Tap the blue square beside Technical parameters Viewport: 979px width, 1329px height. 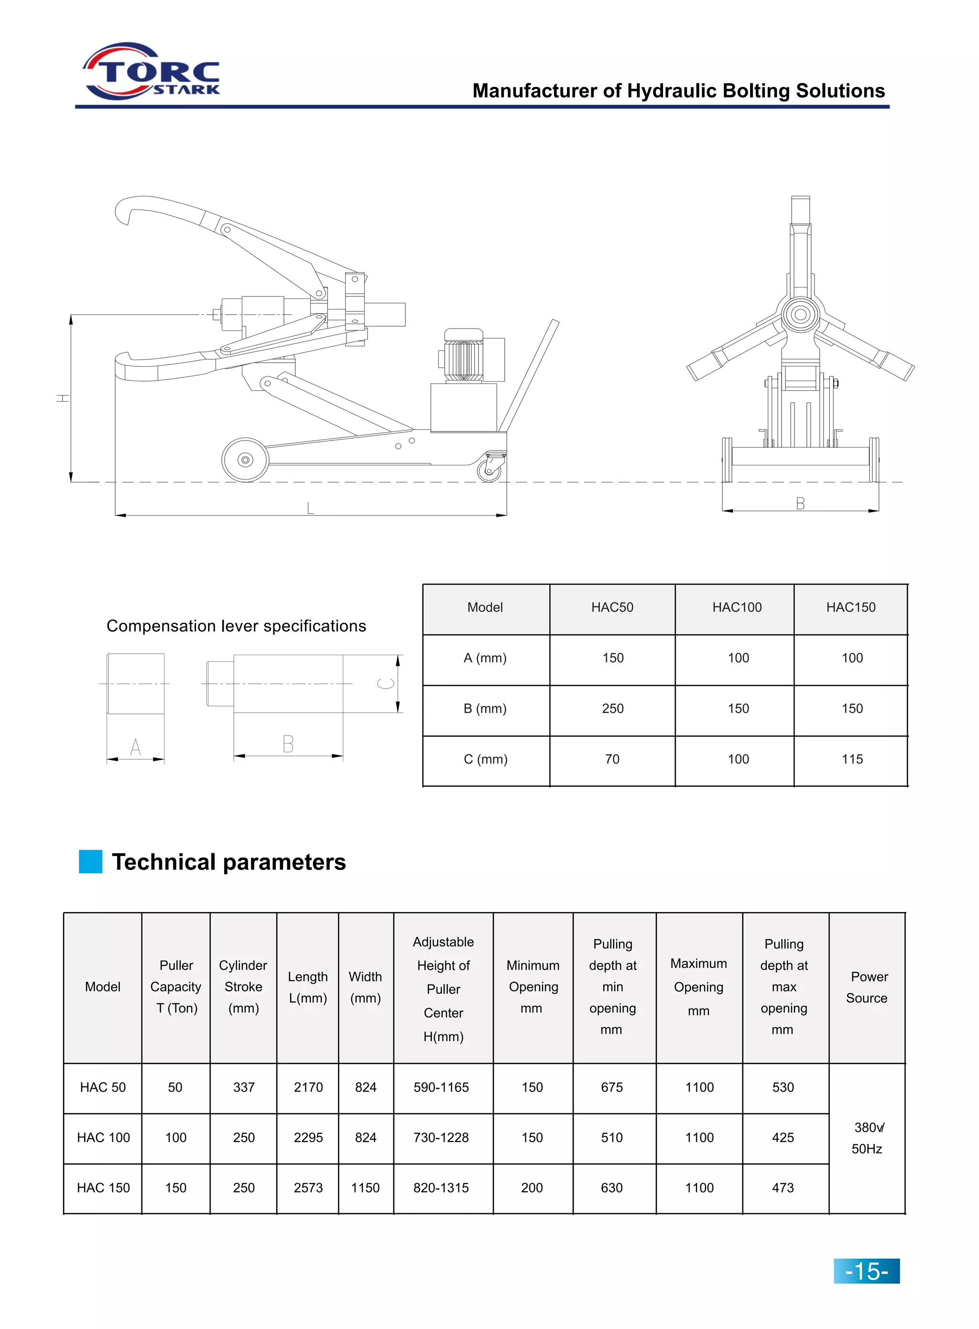(91, 861)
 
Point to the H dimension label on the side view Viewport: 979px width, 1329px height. (63, 398)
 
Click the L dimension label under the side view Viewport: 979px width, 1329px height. (310, 507)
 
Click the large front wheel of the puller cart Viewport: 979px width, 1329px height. (245, 460)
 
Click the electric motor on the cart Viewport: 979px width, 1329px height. (464, 356)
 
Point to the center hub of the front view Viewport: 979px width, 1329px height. (800, 314)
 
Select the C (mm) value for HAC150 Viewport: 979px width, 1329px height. (851, 759)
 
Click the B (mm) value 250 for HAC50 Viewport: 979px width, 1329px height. (612, 708)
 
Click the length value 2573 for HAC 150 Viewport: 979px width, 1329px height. (308, 1187)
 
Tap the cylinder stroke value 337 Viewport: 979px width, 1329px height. (244, 1087)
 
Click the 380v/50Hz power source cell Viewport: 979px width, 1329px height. (867, 1138)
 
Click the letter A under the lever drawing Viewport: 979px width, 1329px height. (135, 747)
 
